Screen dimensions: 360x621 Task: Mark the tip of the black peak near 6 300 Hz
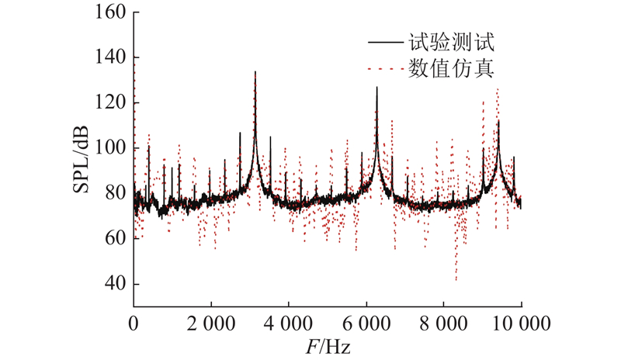pyautogui.click(x=377, y=87)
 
